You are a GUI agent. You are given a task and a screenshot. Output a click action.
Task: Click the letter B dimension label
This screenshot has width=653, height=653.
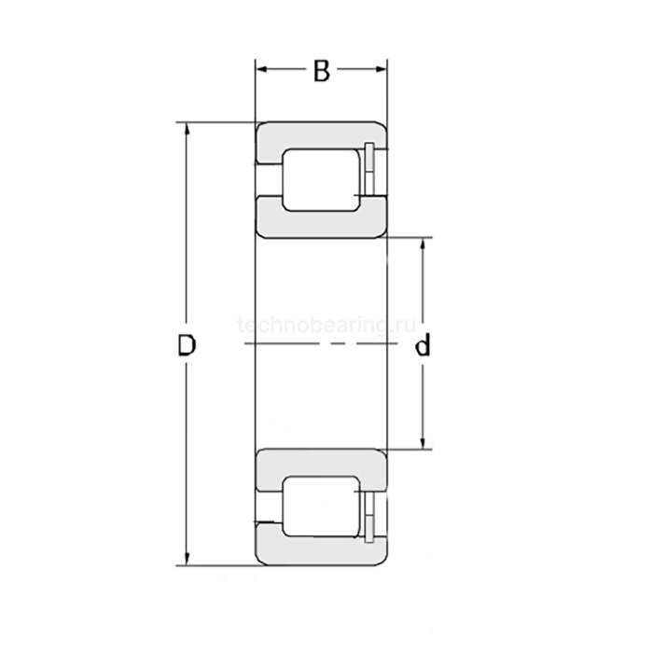322,71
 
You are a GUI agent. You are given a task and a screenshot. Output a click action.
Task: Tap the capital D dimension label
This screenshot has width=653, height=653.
188,347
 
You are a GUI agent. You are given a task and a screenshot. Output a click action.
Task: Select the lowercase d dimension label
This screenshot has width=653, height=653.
423,347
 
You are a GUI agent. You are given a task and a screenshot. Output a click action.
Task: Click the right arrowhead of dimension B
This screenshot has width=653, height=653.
381,70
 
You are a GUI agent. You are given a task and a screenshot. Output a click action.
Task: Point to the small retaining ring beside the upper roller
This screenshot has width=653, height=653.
370,171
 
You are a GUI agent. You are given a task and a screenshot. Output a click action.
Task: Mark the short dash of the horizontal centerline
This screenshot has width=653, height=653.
323,345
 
